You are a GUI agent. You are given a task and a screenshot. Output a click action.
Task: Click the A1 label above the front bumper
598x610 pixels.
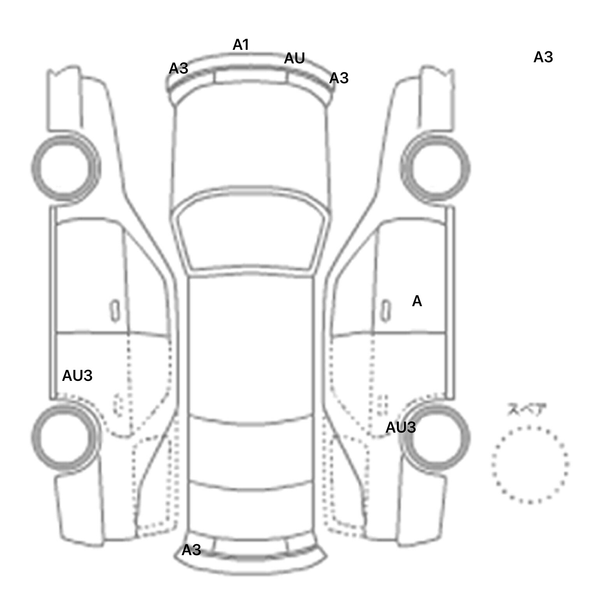pyautogui.click(x=241, y=45)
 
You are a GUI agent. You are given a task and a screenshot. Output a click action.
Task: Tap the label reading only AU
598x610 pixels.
pyautogui.click(x=294, y=59)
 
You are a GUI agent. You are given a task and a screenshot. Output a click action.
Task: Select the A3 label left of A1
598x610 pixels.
pyautogui.click(x=178, y=69)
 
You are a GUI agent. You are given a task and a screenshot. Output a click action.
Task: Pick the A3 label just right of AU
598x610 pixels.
pyautogui.click(x=339, y=79)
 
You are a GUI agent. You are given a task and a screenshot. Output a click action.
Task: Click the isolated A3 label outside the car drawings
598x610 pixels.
pyautogui.click(x=543, y=58)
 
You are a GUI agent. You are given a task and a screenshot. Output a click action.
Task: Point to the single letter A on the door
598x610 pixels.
pyautogui.click(x=417, y=301)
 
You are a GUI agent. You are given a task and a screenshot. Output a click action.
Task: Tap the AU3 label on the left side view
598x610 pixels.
pyautogui.click(x=77, y=376)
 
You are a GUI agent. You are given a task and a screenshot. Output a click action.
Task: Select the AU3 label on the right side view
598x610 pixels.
pyautogui.click(x=401, y=428)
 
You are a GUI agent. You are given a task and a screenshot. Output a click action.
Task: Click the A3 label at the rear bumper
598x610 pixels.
pyautogui.click(x=191, y=550)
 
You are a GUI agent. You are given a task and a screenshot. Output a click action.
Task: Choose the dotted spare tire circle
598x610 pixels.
pyautogui.click(x=530, y=465)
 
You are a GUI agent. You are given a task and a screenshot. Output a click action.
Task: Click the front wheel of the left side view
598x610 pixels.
pyautogui.click(x=65, y=168)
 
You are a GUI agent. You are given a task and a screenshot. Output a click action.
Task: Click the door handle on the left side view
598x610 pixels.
pyautogui.click(x=115, y=311)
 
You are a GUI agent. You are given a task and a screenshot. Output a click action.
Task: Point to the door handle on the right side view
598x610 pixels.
pyautogui.click(x=385, y=311)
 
